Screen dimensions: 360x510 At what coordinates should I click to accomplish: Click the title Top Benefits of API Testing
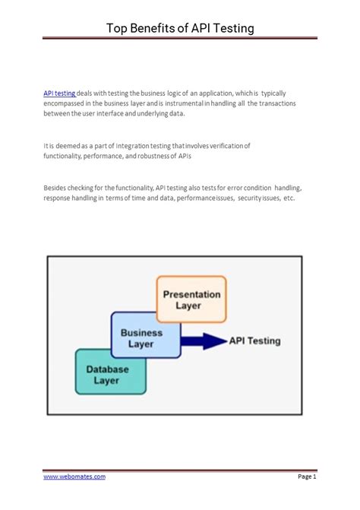click(x=179, y=28)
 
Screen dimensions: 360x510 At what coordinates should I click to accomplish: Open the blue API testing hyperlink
click(x=60, y=93)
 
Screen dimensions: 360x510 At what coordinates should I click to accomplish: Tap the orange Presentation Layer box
click(x=191, y=299)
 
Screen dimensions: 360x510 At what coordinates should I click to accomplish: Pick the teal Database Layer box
click(x=108, y=374)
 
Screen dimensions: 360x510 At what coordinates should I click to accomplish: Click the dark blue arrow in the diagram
click(x=204, y=342)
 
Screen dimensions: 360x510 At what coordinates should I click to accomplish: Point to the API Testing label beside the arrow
click(x=255, y=341)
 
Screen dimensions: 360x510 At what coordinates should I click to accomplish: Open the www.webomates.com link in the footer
click(x=74, y=477)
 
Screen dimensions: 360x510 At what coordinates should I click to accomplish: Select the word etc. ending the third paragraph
click(x=288, y=198)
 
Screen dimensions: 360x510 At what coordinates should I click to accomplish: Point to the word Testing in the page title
click(x=229, y=28)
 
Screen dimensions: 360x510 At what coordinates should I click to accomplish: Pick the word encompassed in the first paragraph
click(x=65, y=103)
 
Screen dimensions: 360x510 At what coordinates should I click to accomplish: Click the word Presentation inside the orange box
click(x=191, y=294)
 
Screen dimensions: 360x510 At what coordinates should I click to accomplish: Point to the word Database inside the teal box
click(x=107, y=368)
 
